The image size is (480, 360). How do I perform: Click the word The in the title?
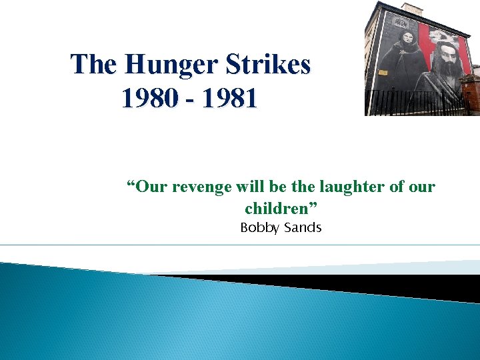93,65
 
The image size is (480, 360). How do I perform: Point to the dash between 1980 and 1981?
190,100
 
